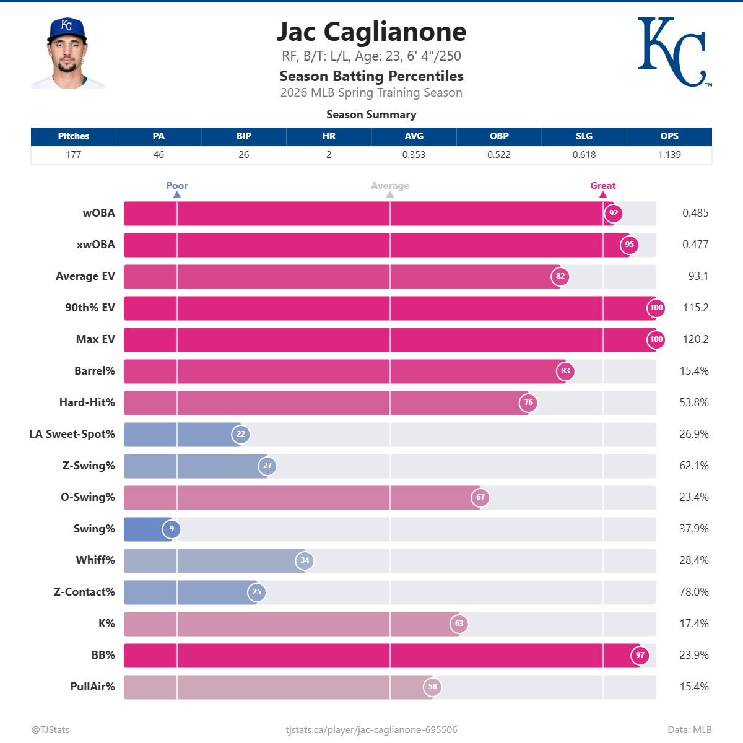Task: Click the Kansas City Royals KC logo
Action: point(674,52)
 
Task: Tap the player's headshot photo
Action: point(67,54)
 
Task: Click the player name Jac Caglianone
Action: point(371,32)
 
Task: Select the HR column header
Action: point(329,136)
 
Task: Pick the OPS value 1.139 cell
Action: point(669,155)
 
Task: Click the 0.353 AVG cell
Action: point(414,155)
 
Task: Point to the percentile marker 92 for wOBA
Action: point(613,213)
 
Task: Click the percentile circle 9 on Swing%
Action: point(172,529)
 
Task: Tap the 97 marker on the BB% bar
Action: point(640,655)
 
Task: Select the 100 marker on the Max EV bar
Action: point(656,339)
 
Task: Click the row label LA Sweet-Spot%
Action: point(72,434)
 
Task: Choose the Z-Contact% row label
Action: point(84,592)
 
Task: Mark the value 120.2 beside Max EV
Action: point(695,339)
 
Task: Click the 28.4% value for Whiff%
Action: point(693,560)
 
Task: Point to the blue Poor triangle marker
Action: point(177,194)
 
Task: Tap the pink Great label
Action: point(602,186)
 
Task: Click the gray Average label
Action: point(389,186)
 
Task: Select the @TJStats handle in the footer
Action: point(51,730)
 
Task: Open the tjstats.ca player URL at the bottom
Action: point(371,730)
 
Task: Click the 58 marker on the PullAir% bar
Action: point(432,687)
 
